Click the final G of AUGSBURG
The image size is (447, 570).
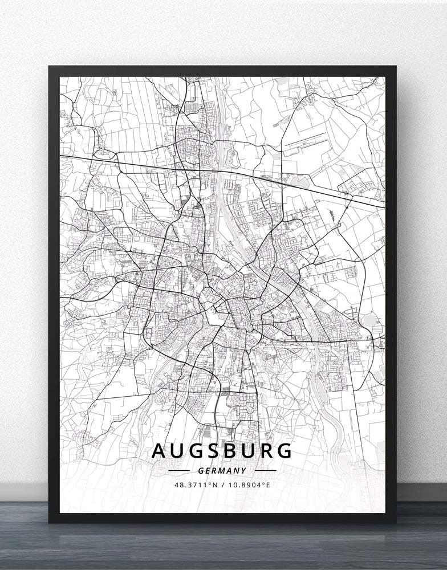tap(284, 450)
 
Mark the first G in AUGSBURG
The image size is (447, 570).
tap(194, 450)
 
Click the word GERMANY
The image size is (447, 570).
tap(223, 471)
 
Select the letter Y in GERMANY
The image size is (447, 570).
tap(243, 471)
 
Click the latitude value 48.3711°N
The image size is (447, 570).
tap(196, 485)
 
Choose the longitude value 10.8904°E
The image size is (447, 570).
tap(249, 485)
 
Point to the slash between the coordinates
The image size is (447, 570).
tap(222, 485)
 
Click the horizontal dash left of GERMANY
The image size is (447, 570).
tap(180, 471)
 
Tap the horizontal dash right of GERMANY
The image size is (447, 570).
tap(266, 471)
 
